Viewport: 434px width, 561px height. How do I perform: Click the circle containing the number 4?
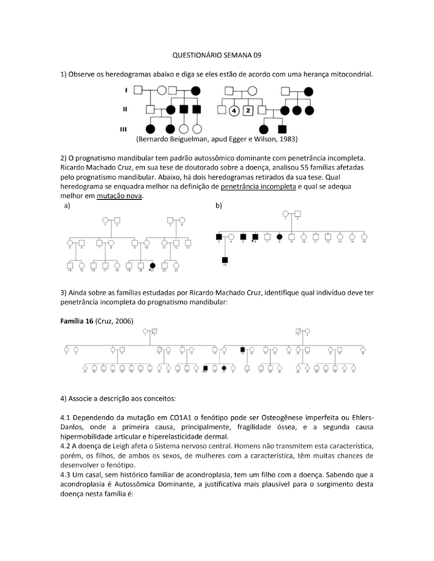[x=234, y=110]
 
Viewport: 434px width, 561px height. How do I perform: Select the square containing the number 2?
[x=248, y=110]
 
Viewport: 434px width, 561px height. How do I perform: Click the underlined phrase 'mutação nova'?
[x=119, y=196]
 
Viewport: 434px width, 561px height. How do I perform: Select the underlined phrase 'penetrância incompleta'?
[x=258, y=186]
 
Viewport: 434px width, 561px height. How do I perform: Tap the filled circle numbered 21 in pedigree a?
[x=152, y=265]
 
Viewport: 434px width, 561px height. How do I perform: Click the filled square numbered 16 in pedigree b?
[x=225, y=260]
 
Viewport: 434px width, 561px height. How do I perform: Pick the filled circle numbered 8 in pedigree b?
[x=279, y=237]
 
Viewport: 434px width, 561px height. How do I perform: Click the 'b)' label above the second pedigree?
[x=218, y=205]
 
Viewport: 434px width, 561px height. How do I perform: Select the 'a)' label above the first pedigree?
[x=67, y=206]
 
